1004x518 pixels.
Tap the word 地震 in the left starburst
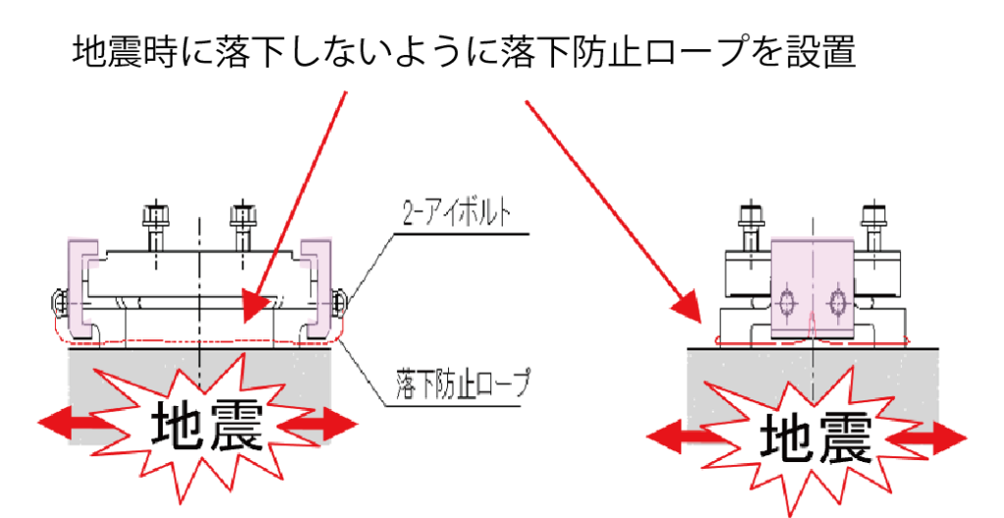pyautogui.click(x=206, y=425)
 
